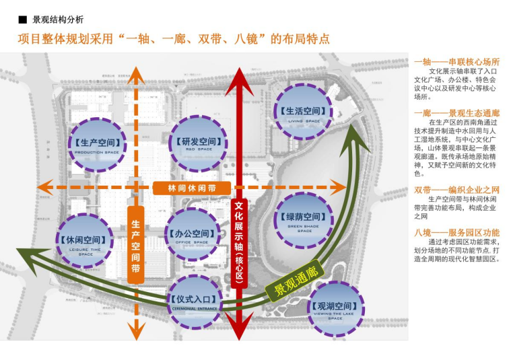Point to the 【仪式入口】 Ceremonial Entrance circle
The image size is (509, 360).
pos(194,301)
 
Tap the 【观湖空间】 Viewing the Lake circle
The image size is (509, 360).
pos(335,309)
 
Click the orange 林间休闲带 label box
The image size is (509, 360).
pos(191,188)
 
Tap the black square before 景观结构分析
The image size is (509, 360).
pos(22,20)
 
